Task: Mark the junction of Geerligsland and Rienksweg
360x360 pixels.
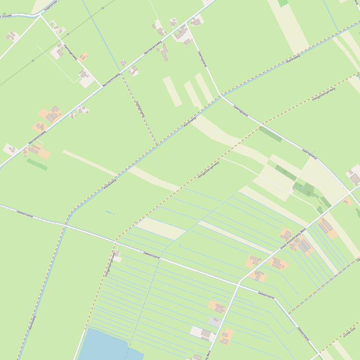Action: [221, 96]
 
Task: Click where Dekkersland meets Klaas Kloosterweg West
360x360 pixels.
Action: [239, 282]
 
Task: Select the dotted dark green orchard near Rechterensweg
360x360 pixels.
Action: [37, 164]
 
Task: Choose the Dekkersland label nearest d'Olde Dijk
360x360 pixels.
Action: [303, 334]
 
